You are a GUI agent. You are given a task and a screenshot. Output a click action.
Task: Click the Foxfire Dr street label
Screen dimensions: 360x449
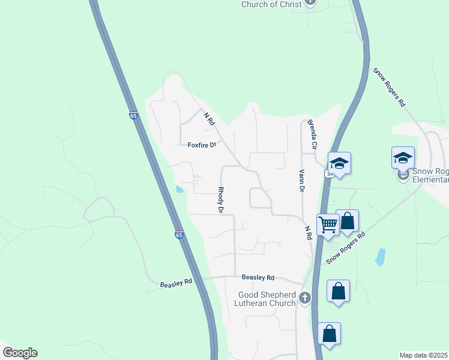tap(201, 145)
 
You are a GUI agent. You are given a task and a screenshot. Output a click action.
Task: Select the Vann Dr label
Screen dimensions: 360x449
tap(301, 180)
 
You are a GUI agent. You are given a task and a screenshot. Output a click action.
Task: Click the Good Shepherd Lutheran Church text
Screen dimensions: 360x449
tap(267, 299)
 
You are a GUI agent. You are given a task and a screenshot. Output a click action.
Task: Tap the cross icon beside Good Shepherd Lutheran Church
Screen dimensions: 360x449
tap(305, 298)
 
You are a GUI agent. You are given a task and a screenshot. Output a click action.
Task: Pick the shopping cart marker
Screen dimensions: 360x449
tap(328, 224)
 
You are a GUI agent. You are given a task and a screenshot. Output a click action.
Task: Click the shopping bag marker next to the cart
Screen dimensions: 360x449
tap(347, 220)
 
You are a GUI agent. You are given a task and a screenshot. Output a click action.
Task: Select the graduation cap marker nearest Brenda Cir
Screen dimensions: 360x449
tap(339, 163)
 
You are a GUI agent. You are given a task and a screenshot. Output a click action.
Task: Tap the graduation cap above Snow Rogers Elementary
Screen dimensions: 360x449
tap(403, 158)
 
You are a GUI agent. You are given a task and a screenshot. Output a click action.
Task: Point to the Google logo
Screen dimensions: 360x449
tap(20, 353)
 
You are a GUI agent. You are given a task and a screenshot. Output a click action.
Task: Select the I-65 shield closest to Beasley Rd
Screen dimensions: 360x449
tap(179, 234)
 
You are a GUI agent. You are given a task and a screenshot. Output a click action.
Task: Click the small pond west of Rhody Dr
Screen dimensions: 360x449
tap(180, 190)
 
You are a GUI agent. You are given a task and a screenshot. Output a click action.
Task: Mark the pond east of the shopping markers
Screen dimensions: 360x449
tap(380, 257)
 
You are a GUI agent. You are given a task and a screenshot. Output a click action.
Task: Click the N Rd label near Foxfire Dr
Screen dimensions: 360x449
tap(209, 118)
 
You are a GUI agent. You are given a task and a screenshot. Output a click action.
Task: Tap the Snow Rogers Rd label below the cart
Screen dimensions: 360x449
tap(345, 250)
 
